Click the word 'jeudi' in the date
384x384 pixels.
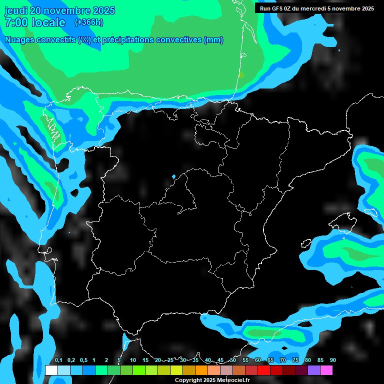[x=16, y=10]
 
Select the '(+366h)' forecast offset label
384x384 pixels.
[x=88, y=22]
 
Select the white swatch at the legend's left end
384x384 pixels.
[x=51, y=370]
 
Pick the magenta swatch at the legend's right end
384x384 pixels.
[x=326, y=370]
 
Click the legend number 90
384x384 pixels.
[x=332, y=360]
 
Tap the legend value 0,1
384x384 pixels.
[x=58, y=360]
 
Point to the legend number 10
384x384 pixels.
[x=132, y=360]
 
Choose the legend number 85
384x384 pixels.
[x=320, y=360]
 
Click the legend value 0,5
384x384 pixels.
[x=83, y=360]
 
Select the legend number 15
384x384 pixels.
[x=145, y=360]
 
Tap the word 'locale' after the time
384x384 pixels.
[x=48, y=22]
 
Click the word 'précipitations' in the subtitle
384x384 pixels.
[x=126, y=40]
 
